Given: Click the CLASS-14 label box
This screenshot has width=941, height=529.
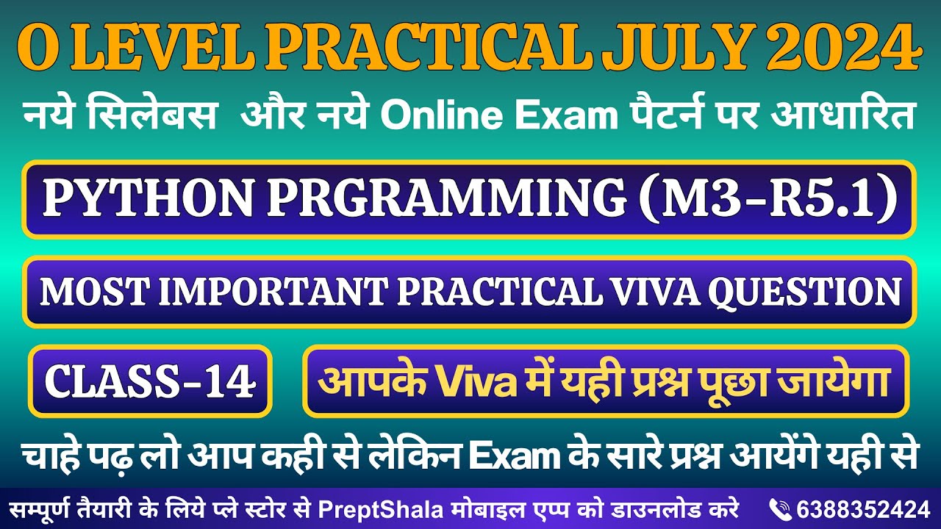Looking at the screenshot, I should (x=151, y=381).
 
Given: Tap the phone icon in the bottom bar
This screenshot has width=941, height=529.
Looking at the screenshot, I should (x=779, y=508).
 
